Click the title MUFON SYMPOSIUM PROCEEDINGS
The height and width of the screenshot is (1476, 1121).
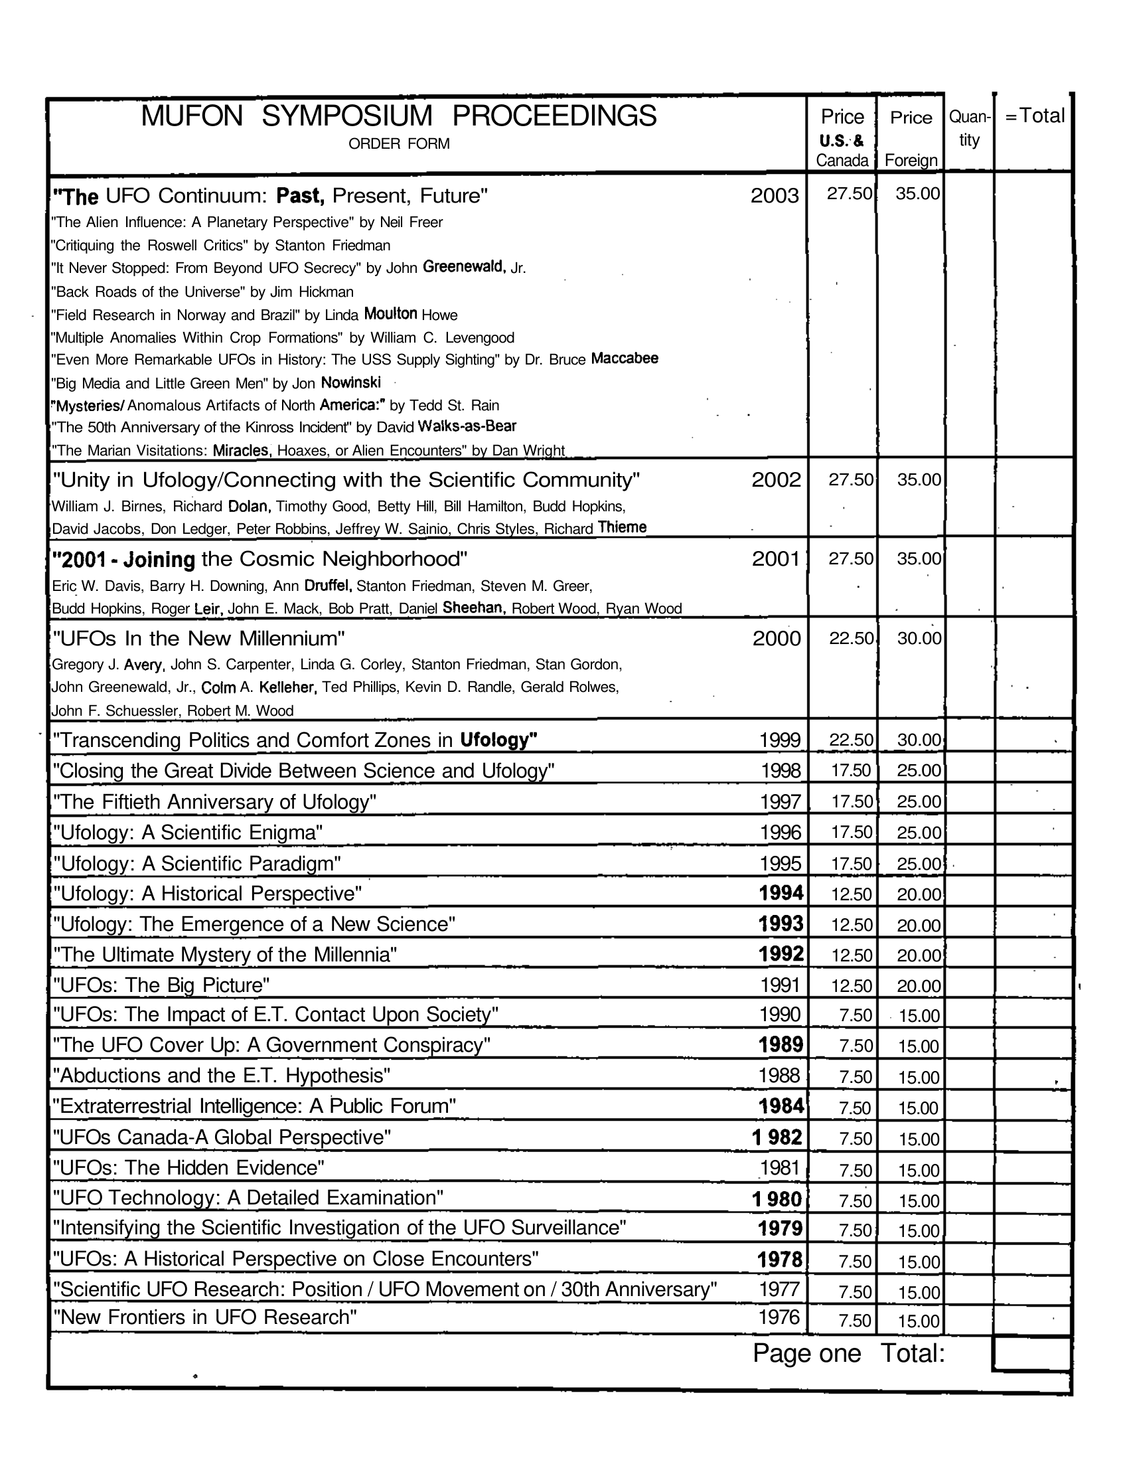[x=398, y=116]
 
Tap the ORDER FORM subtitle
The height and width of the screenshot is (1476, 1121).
[x=398, y=143]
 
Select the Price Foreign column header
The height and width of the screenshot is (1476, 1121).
[x=911, y=138]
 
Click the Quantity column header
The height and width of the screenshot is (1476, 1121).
[x=969, y=128]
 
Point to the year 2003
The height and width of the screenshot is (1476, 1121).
[x=774, y=196]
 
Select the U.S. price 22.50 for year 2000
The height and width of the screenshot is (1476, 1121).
[x=851, y=638]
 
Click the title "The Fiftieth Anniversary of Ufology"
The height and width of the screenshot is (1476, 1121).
[x=214, y=802]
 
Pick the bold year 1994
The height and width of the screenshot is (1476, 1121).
[x=781, y=892]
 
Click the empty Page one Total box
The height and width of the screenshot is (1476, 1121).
[x=1031, y=1353]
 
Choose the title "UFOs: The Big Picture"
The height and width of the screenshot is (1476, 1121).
[x=161, y=985]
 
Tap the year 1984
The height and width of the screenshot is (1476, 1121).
[x=781, y=1106]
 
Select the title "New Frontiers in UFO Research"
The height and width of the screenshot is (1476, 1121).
[x=204, y=1317]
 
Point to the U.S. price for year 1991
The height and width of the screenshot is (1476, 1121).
[x=852, y=986]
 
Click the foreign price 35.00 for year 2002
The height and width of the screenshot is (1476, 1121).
[x=919, y=479]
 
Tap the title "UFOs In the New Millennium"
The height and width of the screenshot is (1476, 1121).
[x=198, y=639]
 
